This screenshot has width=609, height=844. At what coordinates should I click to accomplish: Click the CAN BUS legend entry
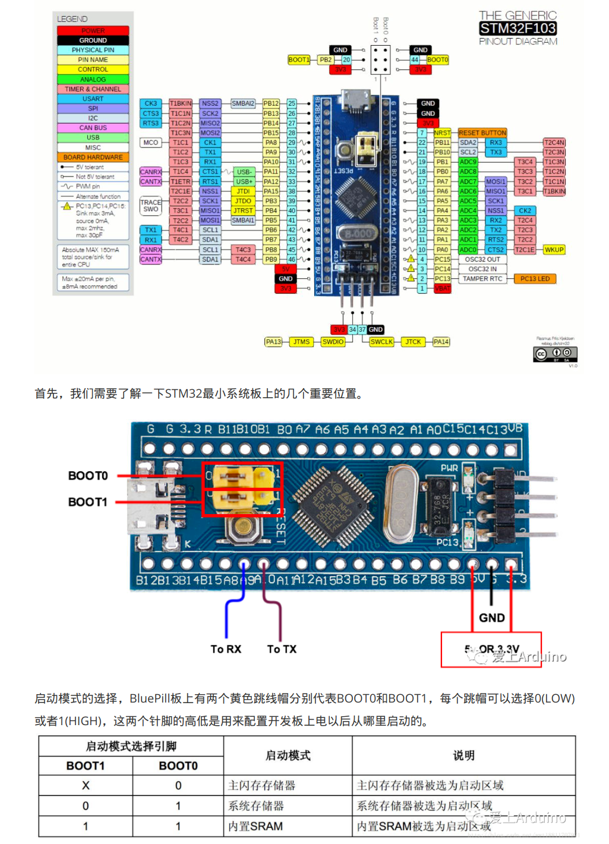pyautogui.click(x=93, y=128)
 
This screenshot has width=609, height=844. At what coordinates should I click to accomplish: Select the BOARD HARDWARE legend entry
pyautogui.click(x=93, y=158)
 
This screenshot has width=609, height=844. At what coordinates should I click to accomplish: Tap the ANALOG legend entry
pyautogui.click(x=93, y=79)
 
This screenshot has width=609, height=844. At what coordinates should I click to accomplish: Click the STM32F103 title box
pyautogui.click(x=518, y=28)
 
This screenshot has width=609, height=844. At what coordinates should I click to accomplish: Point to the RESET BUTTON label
pyautogui.click(x=482, y=133)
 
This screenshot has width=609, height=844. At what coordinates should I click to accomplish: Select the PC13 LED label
pyautogui.click(x=535, y=279)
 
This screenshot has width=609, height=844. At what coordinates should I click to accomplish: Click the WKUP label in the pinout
pyautogui.click(x=554, y=250)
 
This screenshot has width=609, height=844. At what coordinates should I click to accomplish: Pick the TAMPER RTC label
pyautogui.click(x=482, y=279)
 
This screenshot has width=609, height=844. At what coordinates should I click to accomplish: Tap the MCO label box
pyautogui.click(x=150, y=143)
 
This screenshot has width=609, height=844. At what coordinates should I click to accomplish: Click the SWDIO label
pyautogui.click(x=333, y=342)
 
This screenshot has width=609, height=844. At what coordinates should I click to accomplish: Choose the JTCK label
pyautogui.click(x=413, y=342)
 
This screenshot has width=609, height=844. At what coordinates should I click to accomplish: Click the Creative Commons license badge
pyautogui.click(x=556, y=354)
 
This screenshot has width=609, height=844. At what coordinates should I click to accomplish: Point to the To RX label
pyautogui.click(x=226, y=649)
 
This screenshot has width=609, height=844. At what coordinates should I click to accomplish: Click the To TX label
pyautogui.click(x=282, y=649)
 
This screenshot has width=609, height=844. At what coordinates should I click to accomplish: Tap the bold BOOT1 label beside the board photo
pyautogui.click(x=87, y=502)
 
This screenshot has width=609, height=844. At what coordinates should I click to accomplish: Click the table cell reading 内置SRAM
pyautogui.click(x=255, y=826)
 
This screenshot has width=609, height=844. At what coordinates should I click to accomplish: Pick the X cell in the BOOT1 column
pyautogui.click(x=86, y=786)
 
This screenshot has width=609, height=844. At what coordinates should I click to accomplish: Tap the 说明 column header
pyautogui.click(x=463, y=755)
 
